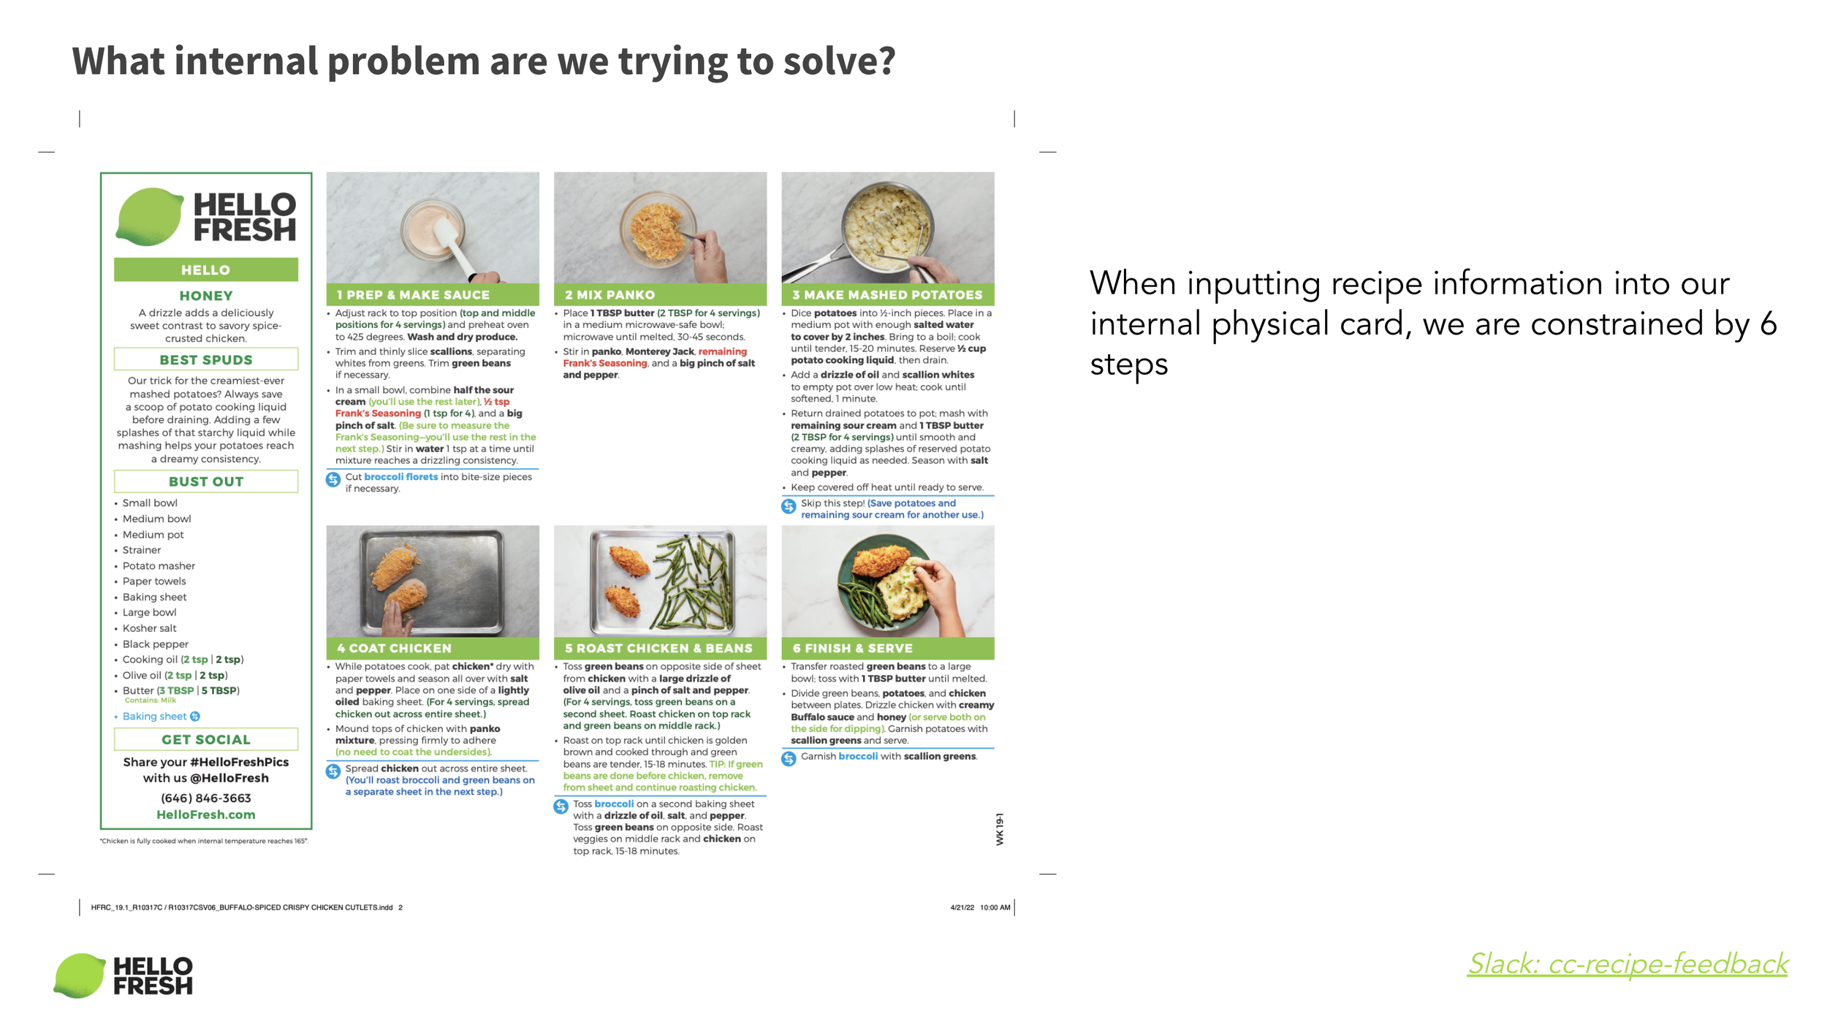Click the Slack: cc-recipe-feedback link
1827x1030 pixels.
[x=1627, y=964]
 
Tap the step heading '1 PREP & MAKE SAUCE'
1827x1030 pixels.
[x=413, y=295]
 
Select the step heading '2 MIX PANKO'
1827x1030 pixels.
[x=609, y=295]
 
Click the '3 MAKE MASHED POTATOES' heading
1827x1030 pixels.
[x=887, y=295]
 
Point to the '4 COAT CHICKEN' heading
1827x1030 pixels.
[x=394, y=648]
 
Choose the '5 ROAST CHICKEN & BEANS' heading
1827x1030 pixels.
[x=658, y=648]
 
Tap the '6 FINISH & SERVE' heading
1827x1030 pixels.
[x=852, y=648]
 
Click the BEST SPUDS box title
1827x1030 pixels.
[x=206, y=359]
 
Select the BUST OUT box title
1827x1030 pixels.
[x=206, y=481]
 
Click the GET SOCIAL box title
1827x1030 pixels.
[x=206, y=739]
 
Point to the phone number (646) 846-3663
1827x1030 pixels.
[x=206, y=798]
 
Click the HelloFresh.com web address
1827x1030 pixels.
[x=206, y=815]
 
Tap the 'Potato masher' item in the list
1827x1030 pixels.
[x=159, y=566]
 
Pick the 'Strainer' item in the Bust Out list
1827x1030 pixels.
[x=142, y=550]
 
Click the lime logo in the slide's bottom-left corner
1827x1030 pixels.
[x=80, y=975]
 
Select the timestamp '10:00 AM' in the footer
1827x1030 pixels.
[x=995, y=907]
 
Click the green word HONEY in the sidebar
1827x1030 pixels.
[x=206, y=296]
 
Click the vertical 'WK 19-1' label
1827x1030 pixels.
[x=1000, y=829]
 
